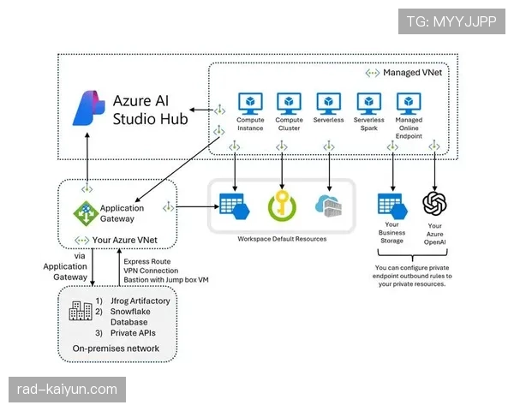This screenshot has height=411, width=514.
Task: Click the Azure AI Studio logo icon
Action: coord(88,109)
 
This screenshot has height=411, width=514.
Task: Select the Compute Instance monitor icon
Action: coord(250,104)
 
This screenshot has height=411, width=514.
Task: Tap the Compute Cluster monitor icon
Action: coord(289,104)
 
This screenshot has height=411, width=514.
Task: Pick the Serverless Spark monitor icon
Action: coord(369,104)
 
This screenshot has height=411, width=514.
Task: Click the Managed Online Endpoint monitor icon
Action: coord(409,104)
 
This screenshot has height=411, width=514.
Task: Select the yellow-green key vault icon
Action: coord(281,205)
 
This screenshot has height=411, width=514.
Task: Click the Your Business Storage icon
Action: coord(392,206)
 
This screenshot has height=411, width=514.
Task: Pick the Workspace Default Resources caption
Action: coord(282,239)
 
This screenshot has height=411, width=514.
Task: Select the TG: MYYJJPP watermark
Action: coord(451,21)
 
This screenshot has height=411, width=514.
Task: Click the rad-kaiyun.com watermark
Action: coord(67,390)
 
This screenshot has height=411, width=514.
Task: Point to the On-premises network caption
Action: coord(117,349)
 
